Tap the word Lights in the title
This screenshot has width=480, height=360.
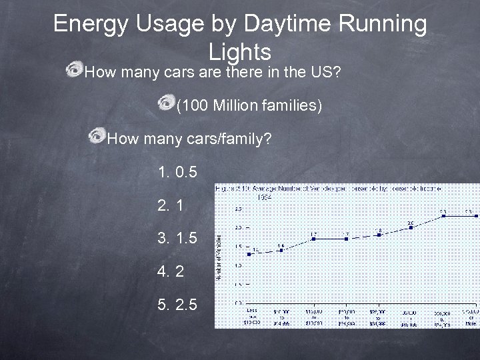pyautogui.click(x=239, y=52)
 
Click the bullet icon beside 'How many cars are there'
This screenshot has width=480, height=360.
pyautogui.click(x=75, y=71)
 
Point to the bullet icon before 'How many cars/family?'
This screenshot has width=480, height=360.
pyautogui.click(x=97, y=138)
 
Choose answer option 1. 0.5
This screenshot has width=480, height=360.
pyautogui.click(x=177, y=173)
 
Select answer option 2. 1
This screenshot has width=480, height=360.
pyautogui.click(x=170, y=206)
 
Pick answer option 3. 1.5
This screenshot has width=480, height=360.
pyautogui.click(x=177, y=238)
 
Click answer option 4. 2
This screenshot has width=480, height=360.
pyautogui.click(x=170, y=271)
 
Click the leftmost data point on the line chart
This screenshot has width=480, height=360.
pyautogui.click(x=249, y=253)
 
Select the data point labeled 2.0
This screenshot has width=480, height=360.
pyautogui.click(x=411, y=227)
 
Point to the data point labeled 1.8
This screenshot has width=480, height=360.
pyautogui.click(x=378, y=235)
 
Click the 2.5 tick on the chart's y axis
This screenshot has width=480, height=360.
pyautogui.click(x=237, y=209)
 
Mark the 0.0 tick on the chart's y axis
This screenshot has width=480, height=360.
pyautogui.click(x=237, y=303)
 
